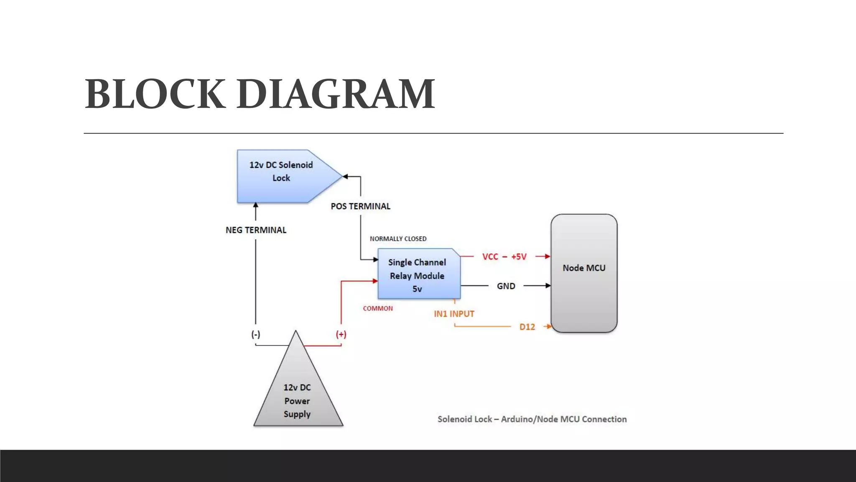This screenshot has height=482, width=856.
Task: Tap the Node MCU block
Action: [x=584, y=273]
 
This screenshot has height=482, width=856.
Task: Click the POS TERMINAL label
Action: [x=360, y=206]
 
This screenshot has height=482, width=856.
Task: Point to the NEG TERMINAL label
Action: [x=256, y=230]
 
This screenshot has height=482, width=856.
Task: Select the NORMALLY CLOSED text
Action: [x=398, y=239]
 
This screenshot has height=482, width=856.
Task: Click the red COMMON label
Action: [x=378, y=308]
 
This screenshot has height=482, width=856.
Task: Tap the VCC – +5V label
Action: [x=504, y=256]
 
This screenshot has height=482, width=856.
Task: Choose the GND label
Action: [x=506, y=286]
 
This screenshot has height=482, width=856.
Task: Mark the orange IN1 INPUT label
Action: [x=454, y=314]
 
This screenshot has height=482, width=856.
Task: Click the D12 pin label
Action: [x=527, y=327]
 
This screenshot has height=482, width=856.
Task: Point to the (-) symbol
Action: [x=256, y=334]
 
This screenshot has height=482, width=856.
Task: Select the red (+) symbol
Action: [x=341, y=334]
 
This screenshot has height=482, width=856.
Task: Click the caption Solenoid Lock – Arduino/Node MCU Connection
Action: [x=532, y=419]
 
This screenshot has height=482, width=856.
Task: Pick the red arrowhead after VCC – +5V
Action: [x=548, y=256]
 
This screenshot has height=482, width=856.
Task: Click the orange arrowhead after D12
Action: [x=549, y=326]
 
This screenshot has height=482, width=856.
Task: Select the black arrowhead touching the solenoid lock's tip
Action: [x=345, y=177]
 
